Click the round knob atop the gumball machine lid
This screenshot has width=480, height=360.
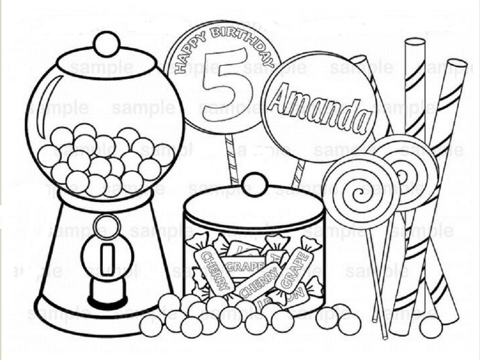pyautogui.click(x=106, y=44)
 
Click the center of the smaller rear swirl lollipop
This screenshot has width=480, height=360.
pyautogui.click(x=402, y=175)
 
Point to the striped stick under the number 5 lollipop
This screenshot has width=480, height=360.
pyautogui.click(x=231, y=159)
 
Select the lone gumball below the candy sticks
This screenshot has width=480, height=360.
pyautogui.click(x=430, y=327)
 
